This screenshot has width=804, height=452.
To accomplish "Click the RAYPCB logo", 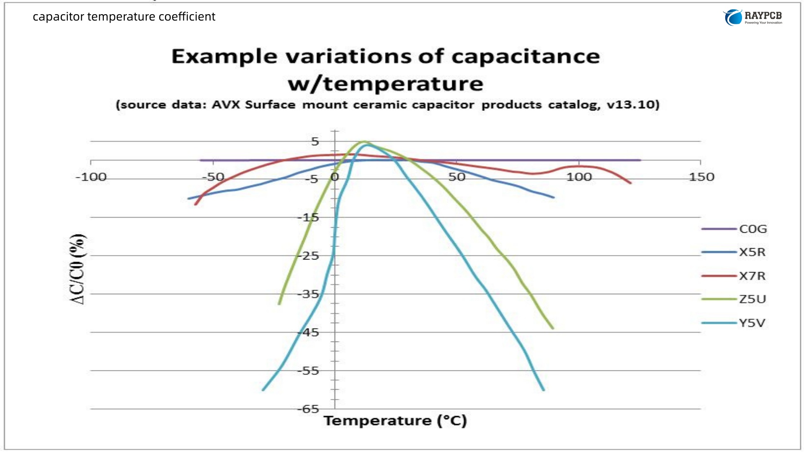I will [x=752, y=17].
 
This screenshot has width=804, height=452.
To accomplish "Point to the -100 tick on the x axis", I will [x=91, y=177].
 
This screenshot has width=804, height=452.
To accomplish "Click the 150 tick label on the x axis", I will [x=701, y=177].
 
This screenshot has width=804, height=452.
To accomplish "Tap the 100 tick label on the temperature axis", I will [x=579, y=177].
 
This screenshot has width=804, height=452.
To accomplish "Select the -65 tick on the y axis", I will [x=308, y=409].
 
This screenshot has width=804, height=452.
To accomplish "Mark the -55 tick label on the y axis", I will [x=308, y=371].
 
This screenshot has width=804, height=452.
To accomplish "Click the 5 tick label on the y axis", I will [x=315, y=142].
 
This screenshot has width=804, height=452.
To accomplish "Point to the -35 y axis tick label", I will [x=308, y=294].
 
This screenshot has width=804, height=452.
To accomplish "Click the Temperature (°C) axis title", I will [x=395, y=421].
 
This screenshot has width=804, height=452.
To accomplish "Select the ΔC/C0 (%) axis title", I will [x=77, y=269].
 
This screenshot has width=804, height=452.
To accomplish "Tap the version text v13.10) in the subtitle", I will [x=633, y=105].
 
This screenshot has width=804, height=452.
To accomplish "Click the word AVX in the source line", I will [x=226, y=105].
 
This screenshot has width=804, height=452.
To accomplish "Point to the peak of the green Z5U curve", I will [x=364, y=142].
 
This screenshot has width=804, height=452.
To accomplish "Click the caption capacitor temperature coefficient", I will [x=124, y=17].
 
